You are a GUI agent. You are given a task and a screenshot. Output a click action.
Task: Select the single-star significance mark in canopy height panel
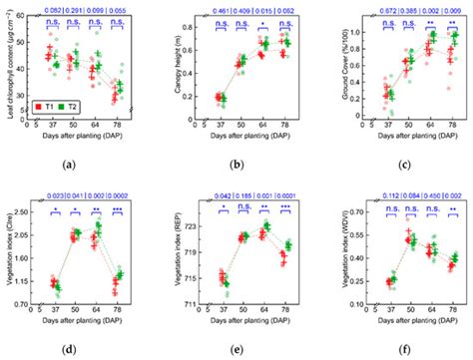[262, 20]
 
